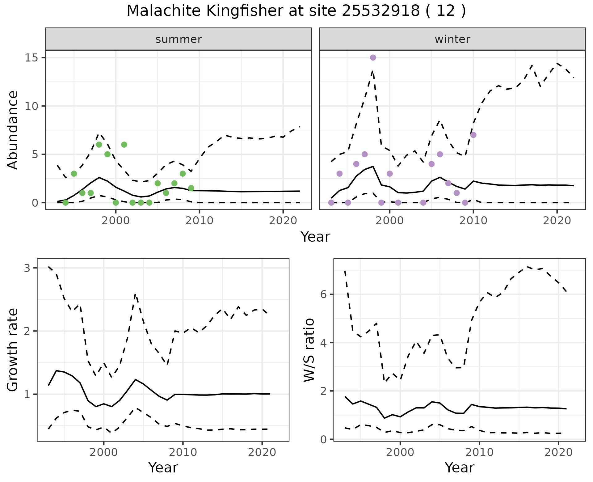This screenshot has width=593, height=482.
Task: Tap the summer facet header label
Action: click(179, 39)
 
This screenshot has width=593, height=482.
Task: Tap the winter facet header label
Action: click(452, 39)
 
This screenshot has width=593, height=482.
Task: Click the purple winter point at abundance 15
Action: click(373, 57)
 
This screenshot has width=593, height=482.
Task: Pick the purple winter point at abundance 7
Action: click(473, 135)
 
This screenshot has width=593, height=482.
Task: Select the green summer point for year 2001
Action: click(124, 145)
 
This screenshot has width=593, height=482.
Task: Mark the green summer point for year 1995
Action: click(74, 174)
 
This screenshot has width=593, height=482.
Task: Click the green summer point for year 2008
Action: click(183, 174)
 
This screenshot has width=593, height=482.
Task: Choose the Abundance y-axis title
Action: click(13, 130)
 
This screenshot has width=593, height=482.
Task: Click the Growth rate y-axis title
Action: click(13, 350)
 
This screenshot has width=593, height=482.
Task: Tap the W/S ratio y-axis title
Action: click(309, 350)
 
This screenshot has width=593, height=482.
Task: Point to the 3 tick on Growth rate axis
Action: click(27, 268)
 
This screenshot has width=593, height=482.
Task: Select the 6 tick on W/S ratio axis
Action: click(324, 294)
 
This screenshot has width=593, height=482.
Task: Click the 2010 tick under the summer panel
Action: click(200, 221)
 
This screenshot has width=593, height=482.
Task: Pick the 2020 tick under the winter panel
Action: click(557, 221)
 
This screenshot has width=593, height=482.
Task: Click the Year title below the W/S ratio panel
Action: click(460, 468)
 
